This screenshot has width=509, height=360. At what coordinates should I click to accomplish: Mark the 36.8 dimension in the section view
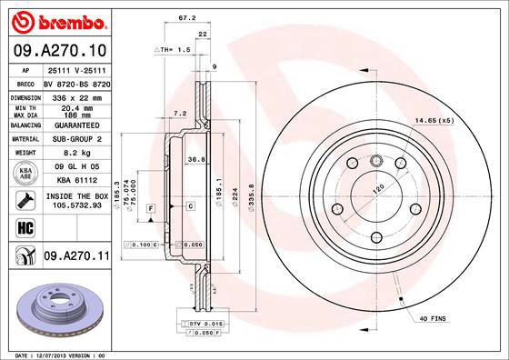195,159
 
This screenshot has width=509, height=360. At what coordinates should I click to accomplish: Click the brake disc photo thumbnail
57,309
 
